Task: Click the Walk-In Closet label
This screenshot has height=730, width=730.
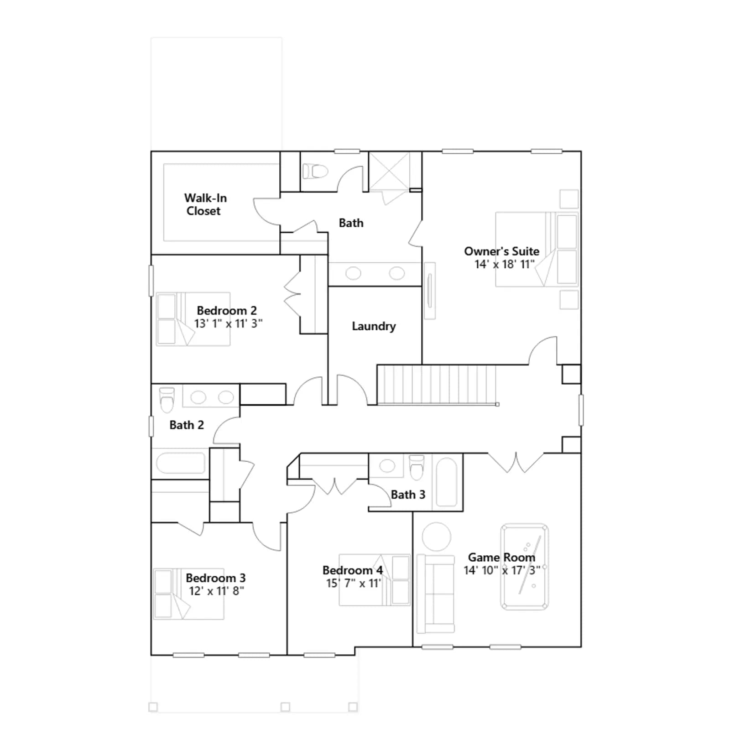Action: tap(205, 204)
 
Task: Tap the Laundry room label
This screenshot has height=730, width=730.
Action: tap(374, 326)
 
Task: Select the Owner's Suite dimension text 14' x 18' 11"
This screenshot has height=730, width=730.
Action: tap(504, 264)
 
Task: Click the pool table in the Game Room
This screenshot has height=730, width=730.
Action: tap(524, 567)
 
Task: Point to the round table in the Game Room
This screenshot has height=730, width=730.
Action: tap(437, 537)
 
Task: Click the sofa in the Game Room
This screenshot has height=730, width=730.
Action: tap(436, 594)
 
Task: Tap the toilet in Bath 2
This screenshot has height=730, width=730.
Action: tap(167, 400)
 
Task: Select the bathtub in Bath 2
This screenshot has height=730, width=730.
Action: tap(181, 463)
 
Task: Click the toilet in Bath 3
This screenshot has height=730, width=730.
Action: tap(417, 467)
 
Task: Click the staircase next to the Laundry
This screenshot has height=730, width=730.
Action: tap(437, 385)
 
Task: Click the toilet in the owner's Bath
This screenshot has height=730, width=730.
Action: tap(315, 172)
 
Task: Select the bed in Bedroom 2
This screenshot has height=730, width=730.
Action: tap(193, 319)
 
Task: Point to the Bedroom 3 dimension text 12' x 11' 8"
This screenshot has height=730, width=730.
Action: tap(217, 591)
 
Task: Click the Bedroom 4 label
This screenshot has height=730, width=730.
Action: tap(353, 570)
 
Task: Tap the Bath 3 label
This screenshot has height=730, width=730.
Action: tap(408, 495)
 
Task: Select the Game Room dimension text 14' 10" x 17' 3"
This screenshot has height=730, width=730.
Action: tap(502, 570)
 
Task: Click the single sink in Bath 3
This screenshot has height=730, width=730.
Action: tap(387, 466)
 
